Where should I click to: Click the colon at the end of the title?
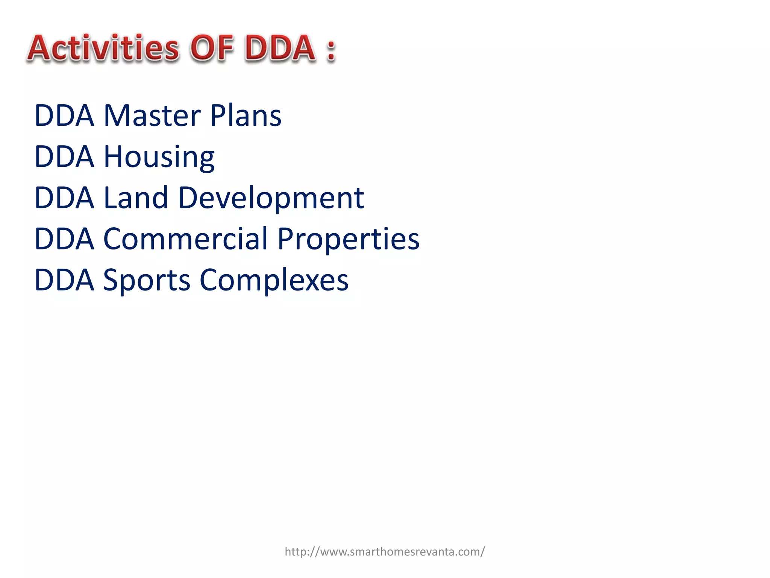pyautogui.click(x=331, y=51)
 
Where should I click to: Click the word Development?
pyautogui.click(x=271, y=198)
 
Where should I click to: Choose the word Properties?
pyautogui.click(x=348, y=240)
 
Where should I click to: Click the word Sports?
pyautogui.click(x=147, y=281)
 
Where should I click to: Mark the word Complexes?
pyautogui.click(x=274, y=281)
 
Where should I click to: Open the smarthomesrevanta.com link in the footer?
pyautogui.click(x=385, y=552)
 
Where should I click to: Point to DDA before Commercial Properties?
pyautogui.click(x=64, y=239)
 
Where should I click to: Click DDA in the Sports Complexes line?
pyautogui.click(x=64, y=280)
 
